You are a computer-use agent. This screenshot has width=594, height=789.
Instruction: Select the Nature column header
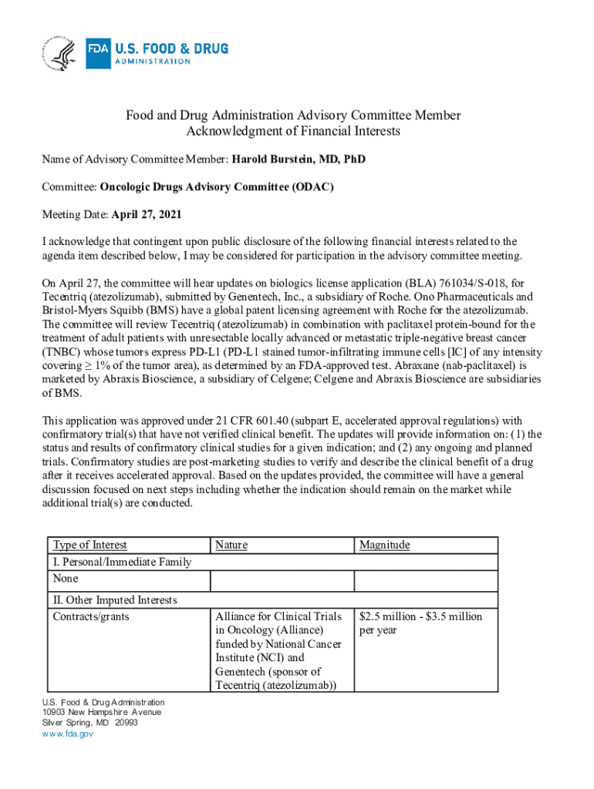[231, 545]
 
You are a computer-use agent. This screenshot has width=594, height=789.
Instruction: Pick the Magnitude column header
[385, 545]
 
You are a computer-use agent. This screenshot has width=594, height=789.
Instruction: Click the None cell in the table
[65, 578]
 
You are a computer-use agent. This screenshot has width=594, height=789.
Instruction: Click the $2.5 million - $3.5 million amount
[421, 616]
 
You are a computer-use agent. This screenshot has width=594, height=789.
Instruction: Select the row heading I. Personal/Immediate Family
[122, 562]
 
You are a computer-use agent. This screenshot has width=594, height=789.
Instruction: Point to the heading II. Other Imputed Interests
[115, 599]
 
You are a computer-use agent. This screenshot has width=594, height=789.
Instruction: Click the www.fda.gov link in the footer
[67, 734]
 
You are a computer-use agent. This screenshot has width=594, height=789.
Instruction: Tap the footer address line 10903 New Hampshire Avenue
[101, 712]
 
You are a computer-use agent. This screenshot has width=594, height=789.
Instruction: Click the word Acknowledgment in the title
[231, 131]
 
